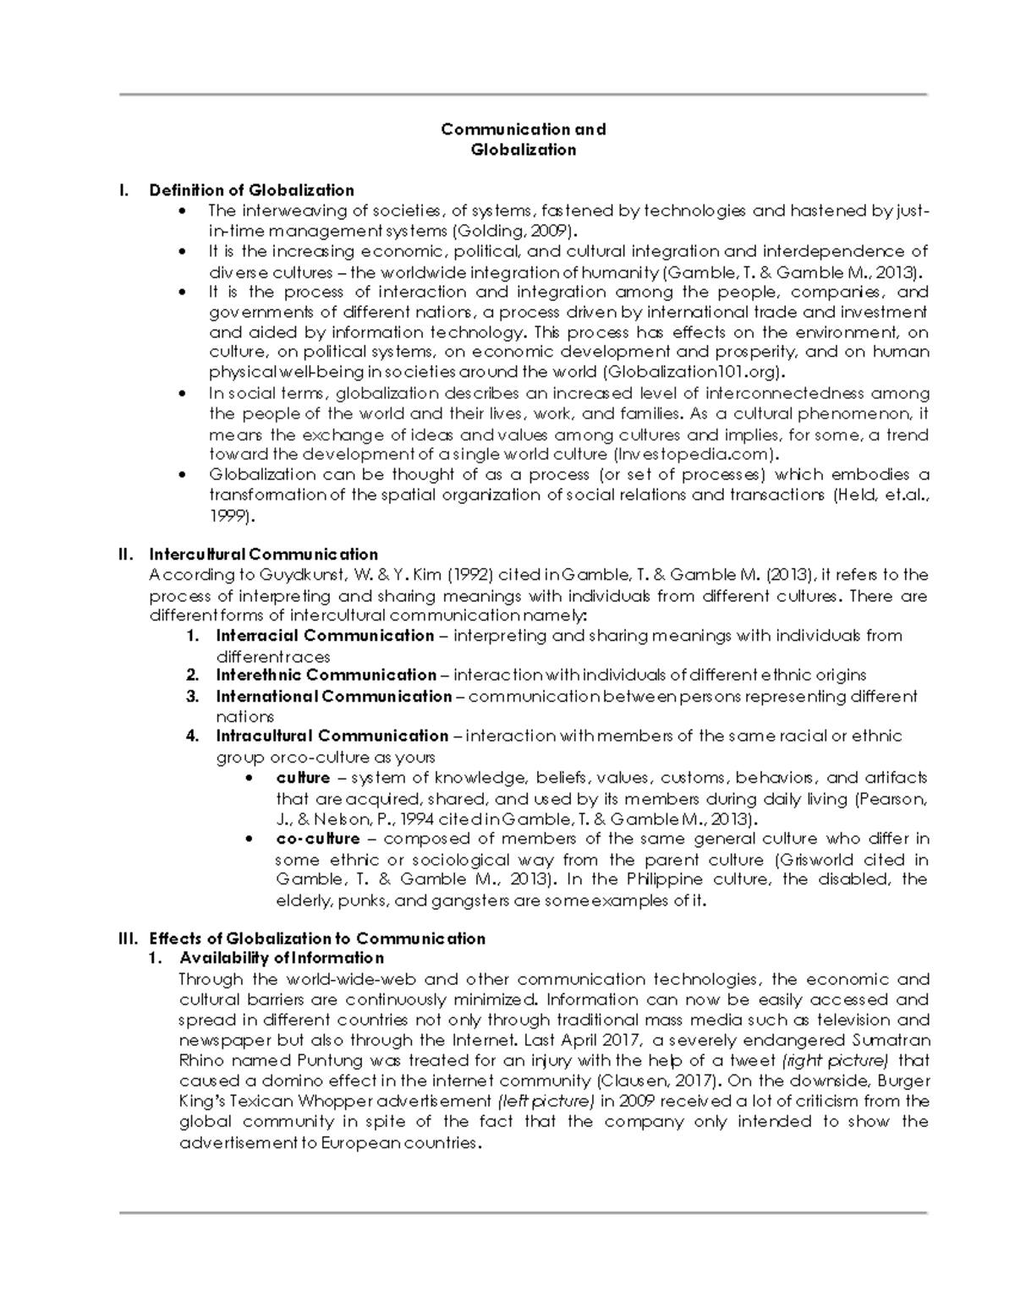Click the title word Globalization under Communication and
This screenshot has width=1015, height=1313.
[x=524, y=150]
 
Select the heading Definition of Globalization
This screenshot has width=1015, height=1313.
[x=251, y=190]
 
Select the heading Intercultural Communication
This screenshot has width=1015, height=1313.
[x=263, y=555]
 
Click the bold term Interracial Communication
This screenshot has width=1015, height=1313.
[x=325, y=636]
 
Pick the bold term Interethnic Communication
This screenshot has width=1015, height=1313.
[x=326, y=676]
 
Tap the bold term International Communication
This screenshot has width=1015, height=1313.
[x=334, y=697]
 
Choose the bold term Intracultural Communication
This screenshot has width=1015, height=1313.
[x=332, y=736]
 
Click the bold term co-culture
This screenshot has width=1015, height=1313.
[x=318, y=840]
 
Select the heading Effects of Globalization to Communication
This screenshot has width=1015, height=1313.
[x=317, y=938]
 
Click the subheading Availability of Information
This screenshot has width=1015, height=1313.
[x=282, y=959]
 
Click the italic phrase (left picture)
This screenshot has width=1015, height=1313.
[x=546, y=1102]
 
